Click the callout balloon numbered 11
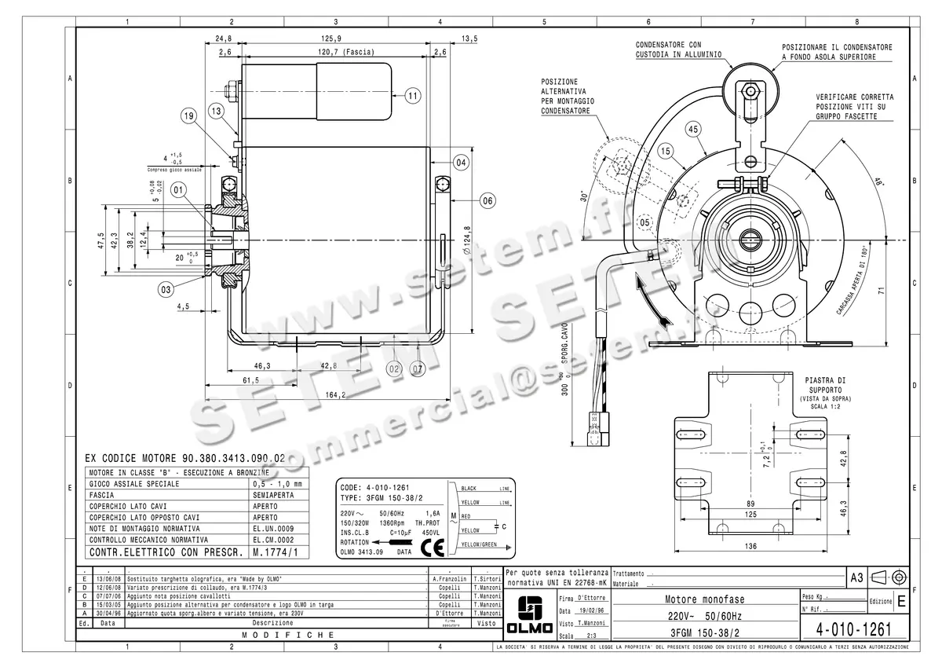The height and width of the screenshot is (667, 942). point(414,96)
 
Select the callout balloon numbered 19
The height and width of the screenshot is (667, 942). point(188,116)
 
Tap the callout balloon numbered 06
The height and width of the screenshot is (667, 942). point(487,201)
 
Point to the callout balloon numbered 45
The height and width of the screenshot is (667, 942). point(692,129)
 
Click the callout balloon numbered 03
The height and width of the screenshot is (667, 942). point(166,290)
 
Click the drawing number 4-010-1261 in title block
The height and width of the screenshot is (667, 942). point(853,629)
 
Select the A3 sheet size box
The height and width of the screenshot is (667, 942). point(857,577)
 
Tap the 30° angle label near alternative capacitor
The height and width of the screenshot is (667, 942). point(582,193)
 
